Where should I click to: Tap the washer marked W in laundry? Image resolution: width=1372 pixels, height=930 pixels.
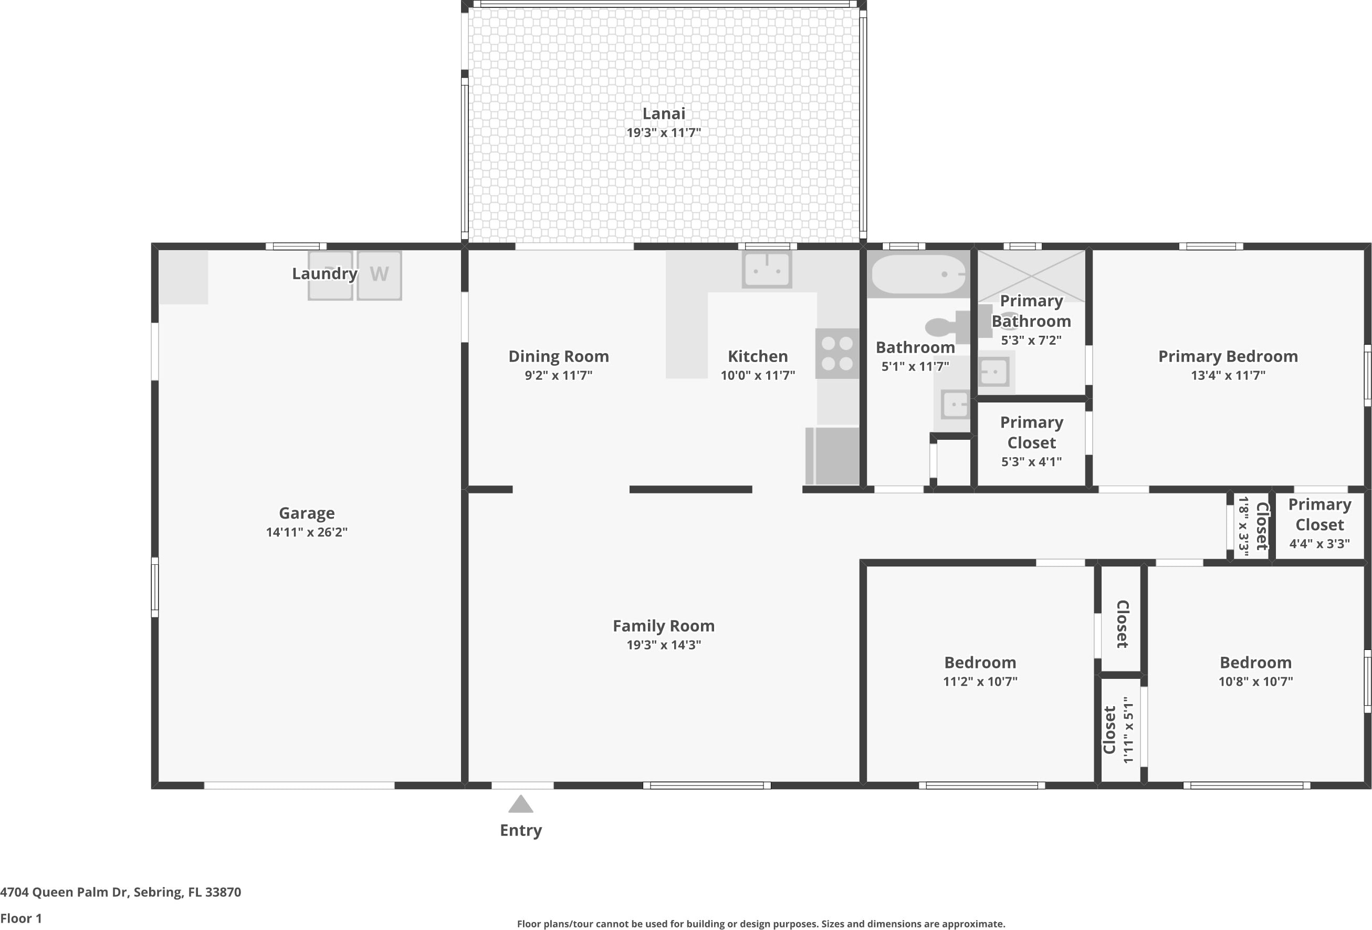pos(379,275)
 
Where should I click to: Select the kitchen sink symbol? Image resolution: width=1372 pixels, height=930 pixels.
pos(767,270)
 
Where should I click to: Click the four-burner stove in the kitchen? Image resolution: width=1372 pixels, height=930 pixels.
pos(837,353)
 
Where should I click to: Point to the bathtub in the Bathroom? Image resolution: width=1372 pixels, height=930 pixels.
pos(918,275)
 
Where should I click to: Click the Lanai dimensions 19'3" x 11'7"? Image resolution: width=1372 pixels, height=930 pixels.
pos(664,133)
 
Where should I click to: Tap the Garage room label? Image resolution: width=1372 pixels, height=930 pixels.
pos(307,513)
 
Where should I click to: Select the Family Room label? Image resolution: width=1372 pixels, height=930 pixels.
pos(664,626)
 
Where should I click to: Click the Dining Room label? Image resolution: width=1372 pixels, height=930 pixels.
pos(559,356)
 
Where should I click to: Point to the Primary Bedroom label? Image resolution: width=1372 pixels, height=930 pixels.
pos(1228,356)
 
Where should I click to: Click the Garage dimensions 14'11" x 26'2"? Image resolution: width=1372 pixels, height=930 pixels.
pos(307,532)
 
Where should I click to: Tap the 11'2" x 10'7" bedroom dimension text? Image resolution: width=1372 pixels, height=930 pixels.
pos(980,682)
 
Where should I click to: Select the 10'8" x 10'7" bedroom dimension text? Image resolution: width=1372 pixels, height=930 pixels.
pos(1256,682)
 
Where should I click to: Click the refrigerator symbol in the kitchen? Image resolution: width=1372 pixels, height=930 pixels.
pos(832,456)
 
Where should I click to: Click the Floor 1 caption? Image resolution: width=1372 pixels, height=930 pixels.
pos(21,918)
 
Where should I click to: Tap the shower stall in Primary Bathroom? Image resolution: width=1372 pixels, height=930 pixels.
pos(1031,276)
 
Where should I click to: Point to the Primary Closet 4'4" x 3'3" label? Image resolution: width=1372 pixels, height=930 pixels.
pos(1319,523)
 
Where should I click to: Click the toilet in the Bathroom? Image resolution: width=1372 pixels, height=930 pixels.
pos(948,326)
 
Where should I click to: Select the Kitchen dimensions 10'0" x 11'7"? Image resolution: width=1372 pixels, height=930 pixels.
pos(758,376)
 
